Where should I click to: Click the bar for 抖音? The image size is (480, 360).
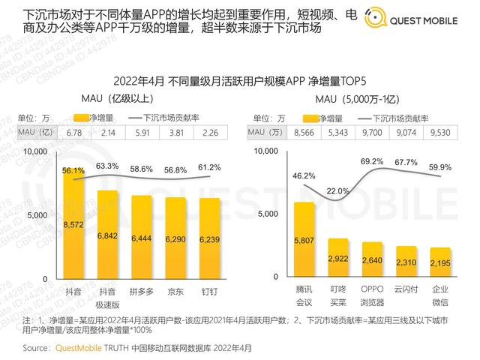click(73, 225)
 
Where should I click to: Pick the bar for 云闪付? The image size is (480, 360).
click(406, 262)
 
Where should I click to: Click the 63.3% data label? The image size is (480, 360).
click(108, 166)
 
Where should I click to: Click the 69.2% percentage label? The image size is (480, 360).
click(373, 161)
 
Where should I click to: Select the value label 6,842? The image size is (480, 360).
click(108, 235)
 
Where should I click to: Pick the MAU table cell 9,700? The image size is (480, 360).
click(373, 133)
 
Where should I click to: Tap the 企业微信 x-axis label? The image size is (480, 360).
click(440, 295)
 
